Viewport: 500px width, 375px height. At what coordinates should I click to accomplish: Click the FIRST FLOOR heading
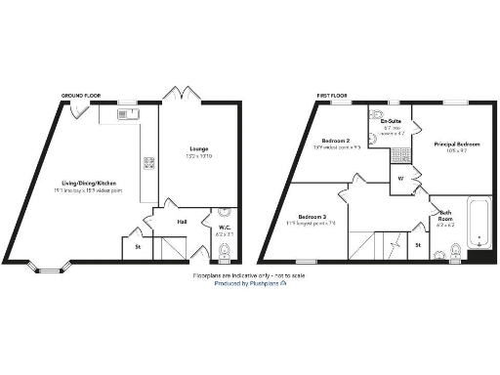point(329,95)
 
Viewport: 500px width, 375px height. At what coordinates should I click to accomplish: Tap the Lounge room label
point(199,148)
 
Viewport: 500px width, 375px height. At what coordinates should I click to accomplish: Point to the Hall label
point(182,223)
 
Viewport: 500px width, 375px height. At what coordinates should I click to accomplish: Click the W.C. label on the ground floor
point(224,229)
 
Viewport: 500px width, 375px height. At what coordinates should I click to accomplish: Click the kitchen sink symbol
point(124,114)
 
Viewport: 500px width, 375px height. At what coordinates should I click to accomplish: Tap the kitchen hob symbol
point(148,163)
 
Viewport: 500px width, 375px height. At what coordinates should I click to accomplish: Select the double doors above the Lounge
point(177,94)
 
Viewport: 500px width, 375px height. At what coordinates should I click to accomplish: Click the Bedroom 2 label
point(337,142)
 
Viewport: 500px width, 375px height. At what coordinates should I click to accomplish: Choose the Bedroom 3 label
point(312,217)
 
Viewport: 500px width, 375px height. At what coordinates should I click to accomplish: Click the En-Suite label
point(394,122)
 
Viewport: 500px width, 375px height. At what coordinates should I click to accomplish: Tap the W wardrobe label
point(400,179)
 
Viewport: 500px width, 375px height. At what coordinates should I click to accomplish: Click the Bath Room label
point(445,216)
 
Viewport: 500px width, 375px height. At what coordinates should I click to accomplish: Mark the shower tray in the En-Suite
point(398,156)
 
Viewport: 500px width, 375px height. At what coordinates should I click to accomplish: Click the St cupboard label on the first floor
point(418,245)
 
